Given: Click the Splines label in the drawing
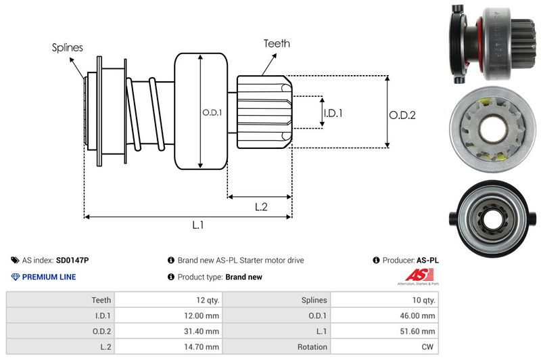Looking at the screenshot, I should pos(68,47).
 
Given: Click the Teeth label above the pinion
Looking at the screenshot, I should pos(277,43).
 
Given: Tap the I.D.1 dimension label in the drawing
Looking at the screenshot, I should pos(333,113).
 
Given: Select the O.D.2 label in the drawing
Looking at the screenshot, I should pos(402,115).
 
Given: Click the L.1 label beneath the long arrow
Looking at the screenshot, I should pos(198,226).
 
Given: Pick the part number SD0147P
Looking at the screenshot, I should pos(72,260).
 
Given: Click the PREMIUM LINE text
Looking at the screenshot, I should pos(49,277).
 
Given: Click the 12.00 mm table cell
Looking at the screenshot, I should pos(204,315).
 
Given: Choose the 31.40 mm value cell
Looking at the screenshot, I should pos(204,331).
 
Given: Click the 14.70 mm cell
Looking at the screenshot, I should pos(204,346).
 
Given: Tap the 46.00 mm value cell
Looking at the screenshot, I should pos(420,315).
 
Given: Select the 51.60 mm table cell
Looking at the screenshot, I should pos(420,331).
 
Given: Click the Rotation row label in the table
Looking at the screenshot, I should pos(312,346).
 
